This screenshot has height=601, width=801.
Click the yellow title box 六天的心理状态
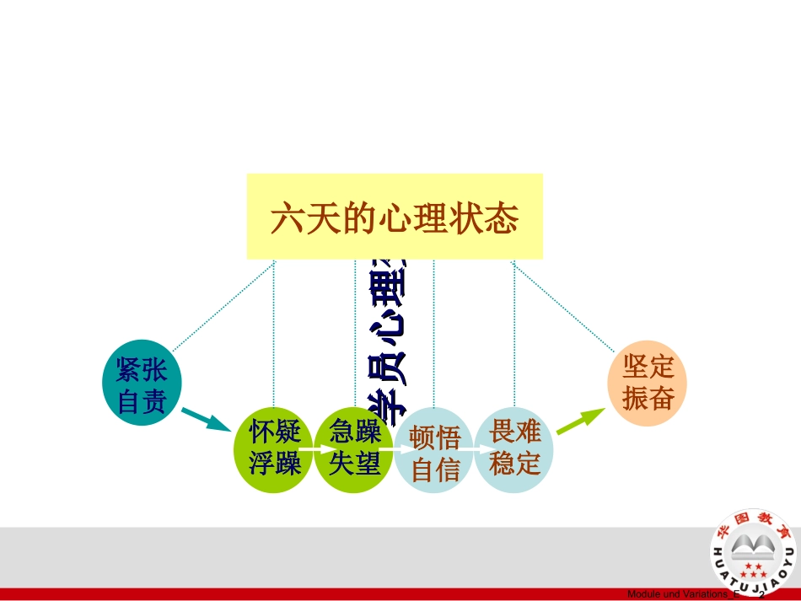click(395, 217)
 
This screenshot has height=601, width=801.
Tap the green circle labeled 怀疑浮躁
click(274, 448)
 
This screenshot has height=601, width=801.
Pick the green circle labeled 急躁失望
click(355, 448)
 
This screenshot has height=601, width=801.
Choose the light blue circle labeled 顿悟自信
click(435, 453)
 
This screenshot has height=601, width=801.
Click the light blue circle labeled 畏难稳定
click(514, 448)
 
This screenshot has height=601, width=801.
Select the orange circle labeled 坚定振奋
click(648, 383)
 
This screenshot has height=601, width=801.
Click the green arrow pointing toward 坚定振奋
click(581, 421)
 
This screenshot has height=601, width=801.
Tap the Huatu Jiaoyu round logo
click(753, 552)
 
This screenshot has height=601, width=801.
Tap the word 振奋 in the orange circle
click(648, 398)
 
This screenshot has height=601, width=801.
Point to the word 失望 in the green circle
click(355, 464)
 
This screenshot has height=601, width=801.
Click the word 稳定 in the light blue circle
click(514, 463)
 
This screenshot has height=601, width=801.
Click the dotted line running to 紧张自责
click(223, 305)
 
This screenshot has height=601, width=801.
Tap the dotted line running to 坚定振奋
click(562, 306)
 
